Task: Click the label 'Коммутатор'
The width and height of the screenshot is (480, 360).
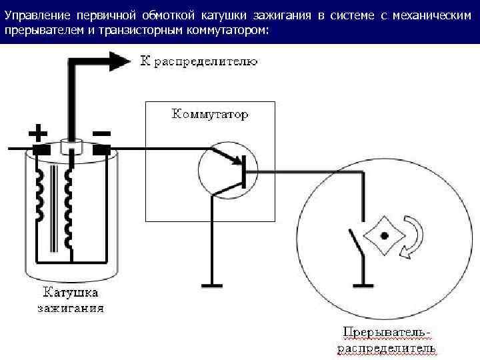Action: pos(210,114)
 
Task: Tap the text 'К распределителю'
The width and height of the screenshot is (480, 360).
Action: pos(198,62)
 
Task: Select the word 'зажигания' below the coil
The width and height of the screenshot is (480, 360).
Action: pos(71,308)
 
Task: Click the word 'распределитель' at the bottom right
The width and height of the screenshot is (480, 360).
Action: pos(387,348)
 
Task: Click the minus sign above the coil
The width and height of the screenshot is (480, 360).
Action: pos(102,133)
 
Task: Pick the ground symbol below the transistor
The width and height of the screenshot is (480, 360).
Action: pos(212,285)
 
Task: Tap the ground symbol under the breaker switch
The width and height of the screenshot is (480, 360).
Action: pos(363,285)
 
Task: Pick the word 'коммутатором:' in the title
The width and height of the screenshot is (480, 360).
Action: pos(229,31)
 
